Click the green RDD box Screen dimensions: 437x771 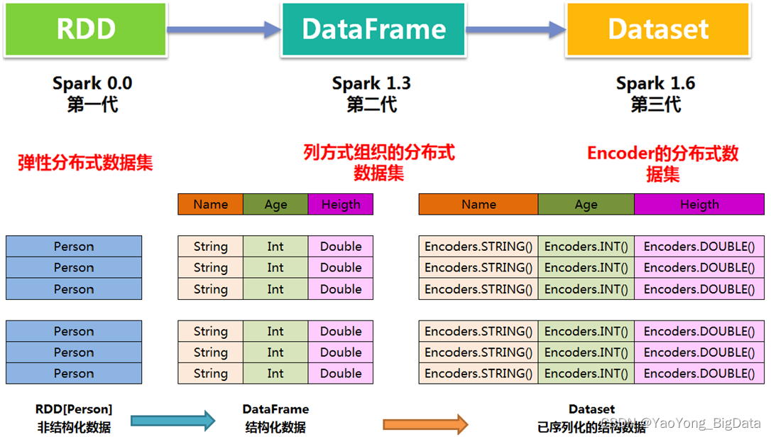(x=86, y=29)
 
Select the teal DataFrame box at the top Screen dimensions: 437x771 (x=373, y=29)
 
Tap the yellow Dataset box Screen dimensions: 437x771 (x=657, y=29)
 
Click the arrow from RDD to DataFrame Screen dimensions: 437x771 (x=224, y=29)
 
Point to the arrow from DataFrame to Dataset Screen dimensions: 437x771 (x=515, y=29)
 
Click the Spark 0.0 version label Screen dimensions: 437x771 (x=92, y=83)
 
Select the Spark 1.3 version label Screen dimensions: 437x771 (x=371, y=83)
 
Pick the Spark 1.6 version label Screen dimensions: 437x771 (x=655, y=83)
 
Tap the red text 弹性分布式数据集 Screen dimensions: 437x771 (x=85, y=163)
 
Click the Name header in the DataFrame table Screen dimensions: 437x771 (x=210, y=205)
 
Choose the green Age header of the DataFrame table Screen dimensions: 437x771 (x=275, y=205)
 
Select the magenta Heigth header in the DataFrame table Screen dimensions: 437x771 (x=341, y=205)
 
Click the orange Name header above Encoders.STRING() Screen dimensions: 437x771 (x=479, y=205)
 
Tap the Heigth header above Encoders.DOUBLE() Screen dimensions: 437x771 (x=699, y=205)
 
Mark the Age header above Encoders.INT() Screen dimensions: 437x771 (x=586, y=205)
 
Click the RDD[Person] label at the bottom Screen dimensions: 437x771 (x=74, y=409)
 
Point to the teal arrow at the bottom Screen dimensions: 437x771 (x=173, y=421)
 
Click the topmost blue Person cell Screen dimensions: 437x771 (x=74, y=247)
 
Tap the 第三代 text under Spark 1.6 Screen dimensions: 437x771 (x=655, y=104)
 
